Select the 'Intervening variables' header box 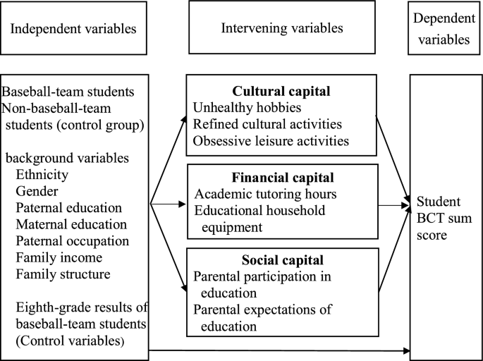tap(282, 29)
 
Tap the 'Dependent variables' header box tap(442, 29)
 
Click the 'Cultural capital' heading tap(282, 92)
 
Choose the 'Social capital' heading tap(282, 261)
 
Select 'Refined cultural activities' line tap(267, 124)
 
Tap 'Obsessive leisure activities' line tap(271, 140)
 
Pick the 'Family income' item tap(59, 257)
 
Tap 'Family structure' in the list tap(63, 274)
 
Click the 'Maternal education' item tap(71, 224)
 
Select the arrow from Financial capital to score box tap(393, 206)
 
